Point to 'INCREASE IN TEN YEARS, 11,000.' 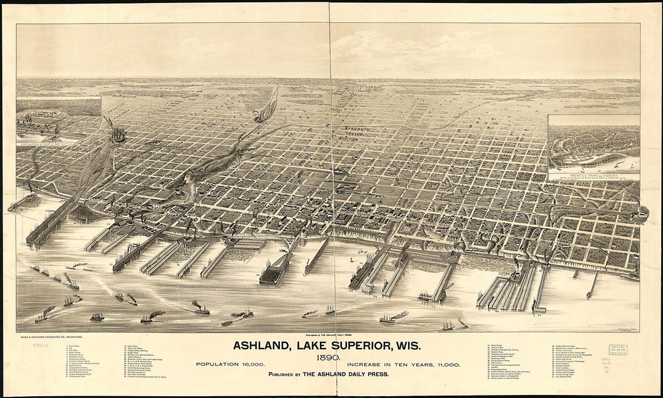[x=404, y=365]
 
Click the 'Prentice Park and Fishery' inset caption [x=594, y=173]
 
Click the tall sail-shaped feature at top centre [x=269, y=106]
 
